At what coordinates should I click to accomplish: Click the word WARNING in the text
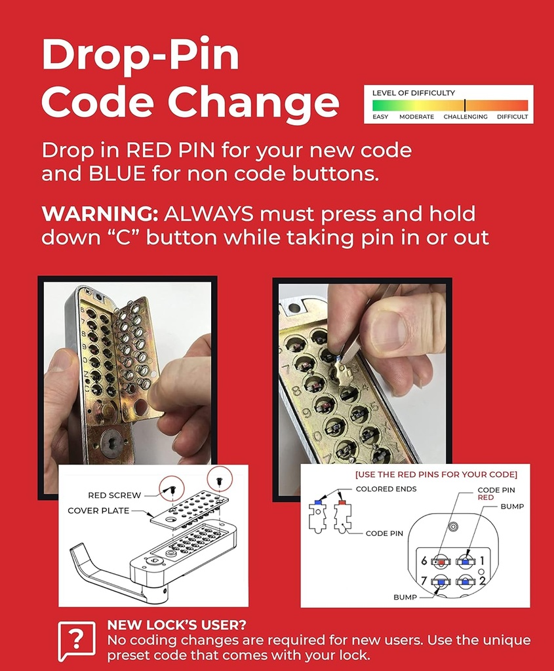coord(99,214)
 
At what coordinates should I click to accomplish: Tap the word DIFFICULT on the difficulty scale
coord(512,117)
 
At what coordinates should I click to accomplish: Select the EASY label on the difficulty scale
coord(380,117)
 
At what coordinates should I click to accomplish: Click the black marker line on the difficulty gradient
coord(465,105)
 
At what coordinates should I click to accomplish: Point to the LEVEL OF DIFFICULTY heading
coord(413,93)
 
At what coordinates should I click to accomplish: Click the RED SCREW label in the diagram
coord(114,495)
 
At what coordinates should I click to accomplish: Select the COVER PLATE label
coord(98,510)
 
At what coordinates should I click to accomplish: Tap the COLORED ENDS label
coord(386,489)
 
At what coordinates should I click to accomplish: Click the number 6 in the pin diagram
coord(424,561)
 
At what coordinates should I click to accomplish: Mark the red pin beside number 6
coord(441,562)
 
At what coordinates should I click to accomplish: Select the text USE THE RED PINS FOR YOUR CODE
coord(436,474)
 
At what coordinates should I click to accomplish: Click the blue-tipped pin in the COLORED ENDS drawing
coord(317,514)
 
